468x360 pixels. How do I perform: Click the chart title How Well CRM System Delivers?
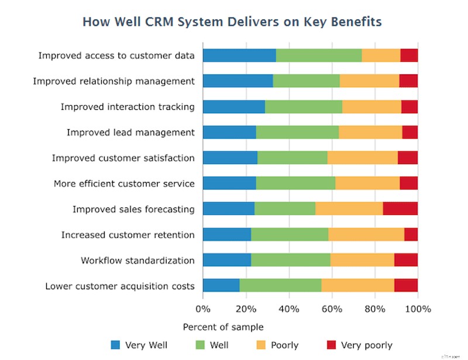(x=232, y=22)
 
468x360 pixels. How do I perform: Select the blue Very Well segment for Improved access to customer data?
(x=239, y=56)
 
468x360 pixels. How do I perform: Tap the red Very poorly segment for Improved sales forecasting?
(x=400, y=209)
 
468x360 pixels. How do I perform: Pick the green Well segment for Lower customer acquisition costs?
(x=280, y=286)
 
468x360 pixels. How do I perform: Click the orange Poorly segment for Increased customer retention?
(x=366, y=234)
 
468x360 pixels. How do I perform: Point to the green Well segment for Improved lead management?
(x=297, y=132)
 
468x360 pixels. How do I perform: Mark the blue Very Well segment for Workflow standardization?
(x=226, y=260)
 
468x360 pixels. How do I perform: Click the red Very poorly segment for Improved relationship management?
(x=408, y=81)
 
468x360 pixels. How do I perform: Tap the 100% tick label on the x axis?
(x=418, y=309)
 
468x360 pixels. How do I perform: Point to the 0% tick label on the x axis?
(x=203, y=309)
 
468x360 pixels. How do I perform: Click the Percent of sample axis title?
(x=223, y=327)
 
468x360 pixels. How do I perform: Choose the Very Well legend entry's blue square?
(x=115, y=345)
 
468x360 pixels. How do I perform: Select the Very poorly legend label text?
(x=366, y=345)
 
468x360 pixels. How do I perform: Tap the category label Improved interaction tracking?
(x=128, y=107)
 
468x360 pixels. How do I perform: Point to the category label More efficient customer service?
(x=124, y=184)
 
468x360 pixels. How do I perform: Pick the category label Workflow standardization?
(x=137, y=260)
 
